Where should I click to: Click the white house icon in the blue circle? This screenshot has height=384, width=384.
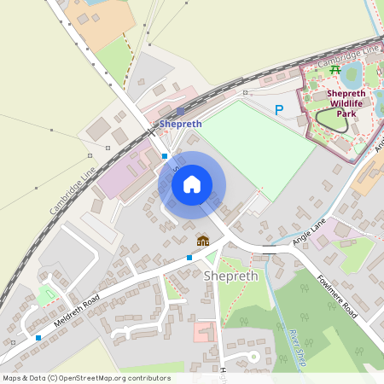[192, 184]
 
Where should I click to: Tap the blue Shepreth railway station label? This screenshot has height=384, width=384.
[181, 124]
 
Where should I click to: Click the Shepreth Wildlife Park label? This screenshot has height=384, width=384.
[346, 103]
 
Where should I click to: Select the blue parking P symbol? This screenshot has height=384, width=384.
[278, 110]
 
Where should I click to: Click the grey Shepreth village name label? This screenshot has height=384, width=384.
[228, 275]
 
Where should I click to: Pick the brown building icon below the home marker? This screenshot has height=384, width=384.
[203, 241]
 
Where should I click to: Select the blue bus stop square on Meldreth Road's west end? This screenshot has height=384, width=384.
[38, 338]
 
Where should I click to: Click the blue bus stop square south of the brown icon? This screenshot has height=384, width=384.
[189, 257]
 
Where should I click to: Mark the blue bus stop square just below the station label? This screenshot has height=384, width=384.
[165, 156]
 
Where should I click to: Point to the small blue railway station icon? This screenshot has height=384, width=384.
[180, 111]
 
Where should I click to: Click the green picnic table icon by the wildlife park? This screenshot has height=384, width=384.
[335, 69]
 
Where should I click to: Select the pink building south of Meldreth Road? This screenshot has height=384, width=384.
[206, 331]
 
